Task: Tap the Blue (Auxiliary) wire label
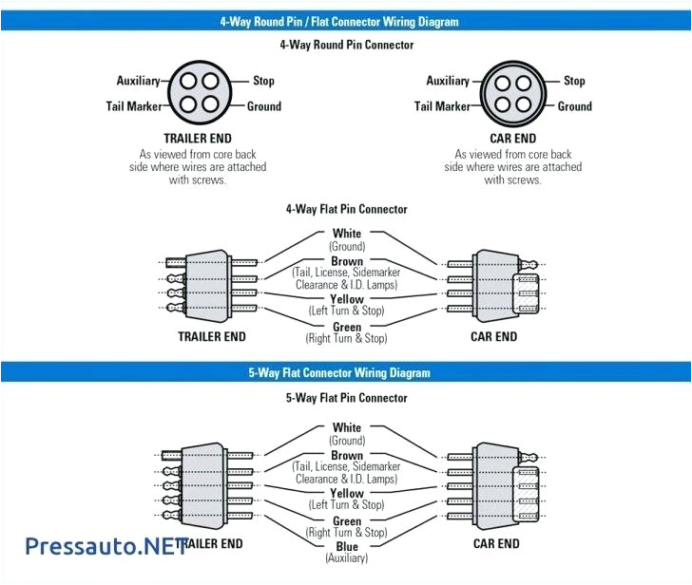pos(346,547)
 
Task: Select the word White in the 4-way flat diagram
pos(346,234)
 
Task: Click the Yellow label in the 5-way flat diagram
pos(346,493)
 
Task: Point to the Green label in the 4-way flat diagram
pos(346,327)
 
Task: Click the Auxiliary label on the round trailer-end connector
pos(138,81)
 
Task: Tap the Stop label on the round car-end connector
pos(574,81)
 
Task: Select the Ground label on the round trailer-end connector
pos(264,106)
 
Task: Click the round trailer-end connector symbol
pos(198,93)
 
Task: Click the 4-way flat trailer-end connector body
pos(207,284)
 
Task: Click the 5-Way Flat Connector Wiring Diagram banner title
pos(346,373)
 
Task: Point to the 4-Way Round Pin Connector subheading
pos(346,45)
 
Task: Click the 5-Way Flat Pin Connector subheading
pos(346,398)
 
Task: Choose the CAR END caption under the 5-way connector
pos(496,543)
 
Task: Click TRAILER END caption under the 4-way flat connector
pos(211,336)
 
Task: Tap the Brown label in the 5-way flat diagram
pos(346,455)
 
